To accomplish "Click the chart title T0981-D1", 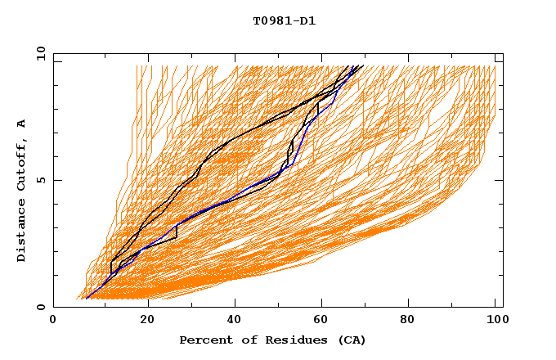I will click(x=285, y=20).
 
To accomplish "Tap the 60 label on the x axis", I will click(x=325, y=322).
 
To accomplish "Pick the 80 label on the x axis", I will click(x=415, y=322).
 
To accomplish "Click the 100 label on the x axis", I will click(x=495, y=322).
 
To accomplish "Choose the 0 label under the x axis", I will click(x=53, y=322).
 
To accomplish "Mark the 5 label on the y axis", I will click(x=40, y=180).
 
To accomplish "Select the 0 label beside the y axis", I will click(x=40, y=307).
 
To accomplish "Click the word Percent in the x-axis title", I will click(x=204, y=340).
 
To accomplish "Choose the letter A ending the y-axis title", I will click(x=21, y=123).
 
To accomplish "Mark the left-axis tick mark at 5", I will click(x=56, y=180).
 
